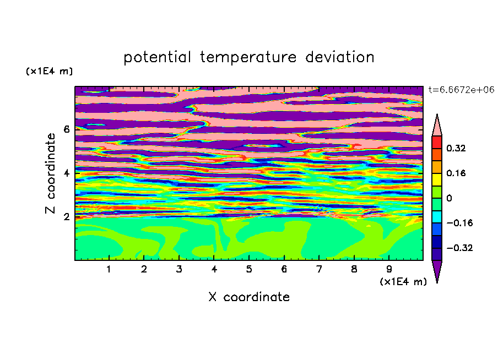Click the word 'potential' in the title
click(157, 57)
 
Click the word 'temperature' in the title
click(248, 57)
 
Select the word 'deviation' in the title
click(340, 57)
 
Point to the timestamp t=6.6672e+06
click(462, 90)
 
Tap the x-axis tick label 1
click(109, 269)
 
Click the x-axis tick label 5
click(249, 269)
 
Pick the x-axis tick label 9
click(389, 269)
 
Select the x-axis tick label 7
click(319, 269)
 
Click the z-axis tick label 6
click(66, 129)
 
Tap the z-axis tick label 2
click(66, 216)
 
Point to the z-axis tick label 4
click(66, 173)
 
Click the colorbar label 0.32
click(456, 148)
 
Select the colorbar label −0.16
click(459, 223)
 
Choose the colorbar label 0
click(449, 198)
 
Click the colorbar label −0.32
click(459, 248)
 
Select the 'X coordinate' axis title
click(249, 297)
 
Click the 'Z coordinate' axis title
click(50, 173)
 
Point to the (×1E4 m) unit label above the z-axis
click(49, 71)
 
